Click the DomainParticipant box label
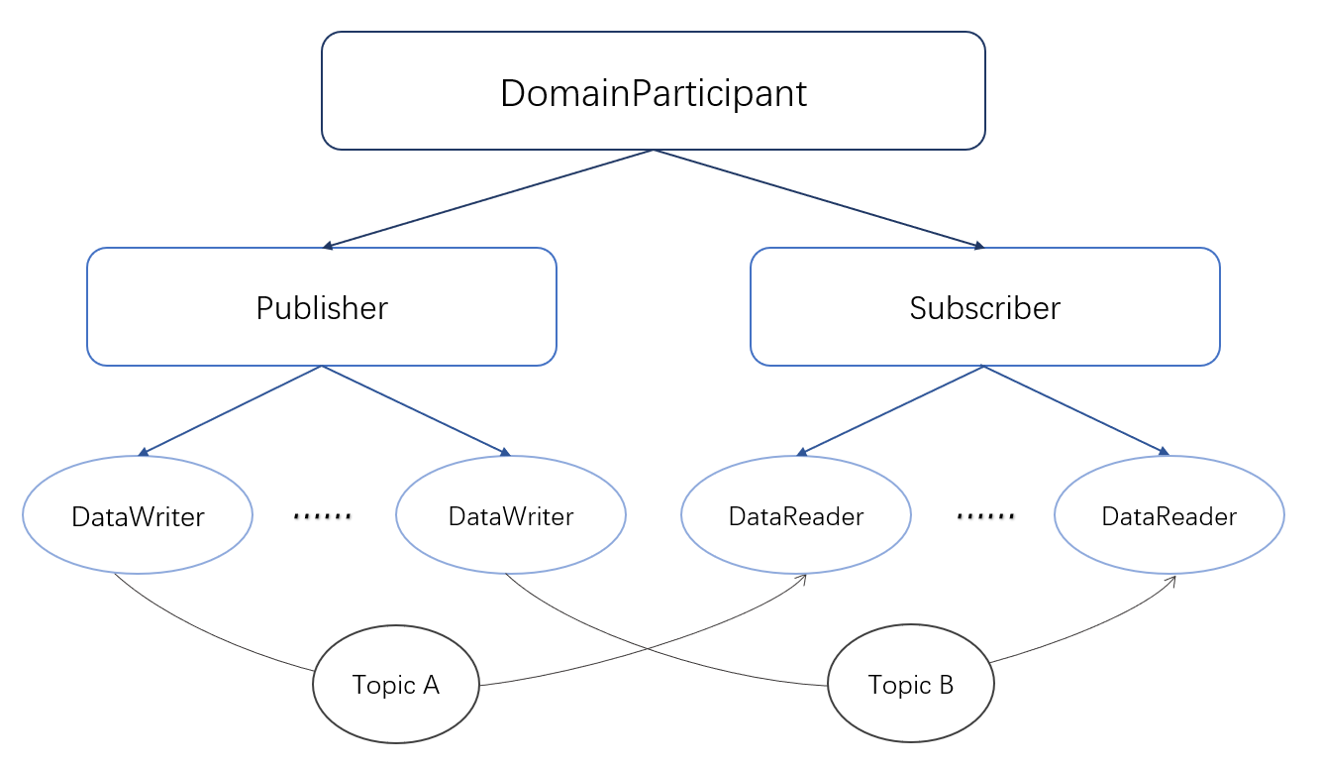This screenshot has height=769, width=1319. [653, 93]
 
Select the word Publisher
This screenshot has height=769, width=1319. [322, 307]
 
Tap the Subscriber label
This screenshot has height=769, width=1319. [984, 307]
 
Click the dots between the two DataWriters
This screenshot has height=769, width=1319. [322, 516]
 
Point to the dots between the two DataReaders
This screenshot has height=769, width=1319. [985, 516]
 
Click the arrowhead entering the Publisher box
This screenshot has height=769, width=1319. [328, 245]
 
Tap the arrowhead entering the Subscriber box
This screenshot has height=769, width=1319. [978, 245]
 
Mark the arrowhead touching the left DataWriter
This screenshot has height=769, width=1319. [144, 452]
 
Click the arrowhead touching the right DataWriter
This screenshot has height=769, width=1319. [505, 452]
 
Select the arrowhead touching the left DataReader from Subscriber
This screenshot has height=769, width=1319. [801, 452]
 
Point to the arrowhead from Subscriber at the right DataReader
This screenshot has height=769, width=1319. [1163, 452]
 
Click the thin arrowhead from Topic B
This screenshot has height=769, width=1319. [1171, 581]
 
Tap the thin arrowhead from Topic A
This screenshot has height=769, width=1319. [801, 580]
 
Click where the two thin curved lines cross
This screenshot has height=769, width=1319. [648, 649]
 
